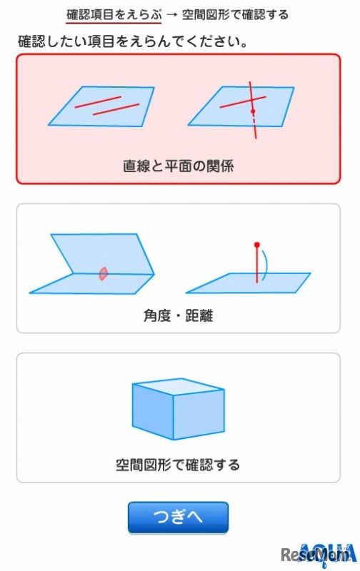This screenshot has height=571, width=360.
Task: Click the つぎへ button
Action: (x=178, y=517)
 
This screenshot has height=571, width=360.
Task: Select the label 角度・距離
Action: (x=178, y=314)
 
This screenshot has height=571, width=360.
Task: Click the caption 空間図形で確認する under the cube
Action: (x=178, y=465)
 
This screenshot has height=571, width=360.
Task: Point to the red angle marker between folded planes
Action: (x=104, y=273)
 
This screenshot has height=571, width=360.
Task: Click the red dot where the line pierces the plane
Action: (x=252, y=112)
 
